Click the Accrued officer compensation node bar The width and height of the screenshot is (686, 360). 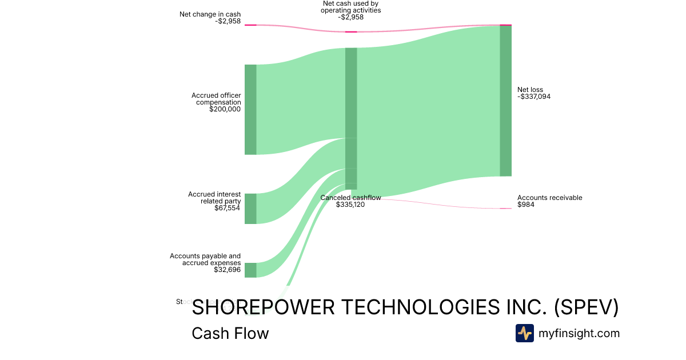tap(250, 109)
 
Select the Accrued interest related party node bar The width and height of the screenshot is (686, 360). tap(250, 209)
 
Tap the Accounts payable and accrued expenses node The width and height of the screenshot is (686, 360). tap(250, 270)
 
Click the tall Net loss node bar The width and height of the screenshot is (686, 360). tap(505, 101)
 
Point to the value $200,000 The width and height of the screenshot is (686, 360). tap(225, 109)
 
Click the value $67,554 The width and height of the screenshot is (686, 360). tap(228, 208)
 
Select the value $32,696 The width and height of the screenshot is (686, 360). tap(228, 270)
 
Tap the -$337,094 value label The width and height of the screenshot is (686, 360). tap(534, 97)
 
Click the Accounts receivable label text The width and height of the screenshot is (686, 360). tap(549, 198)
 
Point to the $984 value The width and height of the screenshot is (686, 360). tap(526, 205)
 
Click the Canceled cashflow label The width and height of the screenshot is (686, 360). tap(350, 198)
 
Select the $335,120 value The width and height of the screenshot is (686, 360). tap(350, 205)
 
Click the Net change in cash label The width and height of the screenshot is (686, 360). tap(210, 14)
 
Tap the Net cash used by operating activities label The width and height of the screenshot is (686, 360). tap(350, 7)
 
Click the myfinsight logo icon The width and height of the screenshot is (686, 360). tap(524, 333)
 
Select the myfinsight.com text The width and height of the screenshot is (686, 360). tap(579, 333)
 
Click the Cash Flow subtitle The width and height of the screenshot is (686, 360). tap(230, 333)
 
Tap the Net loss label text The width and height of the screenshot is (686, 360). tap(530, 90)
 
